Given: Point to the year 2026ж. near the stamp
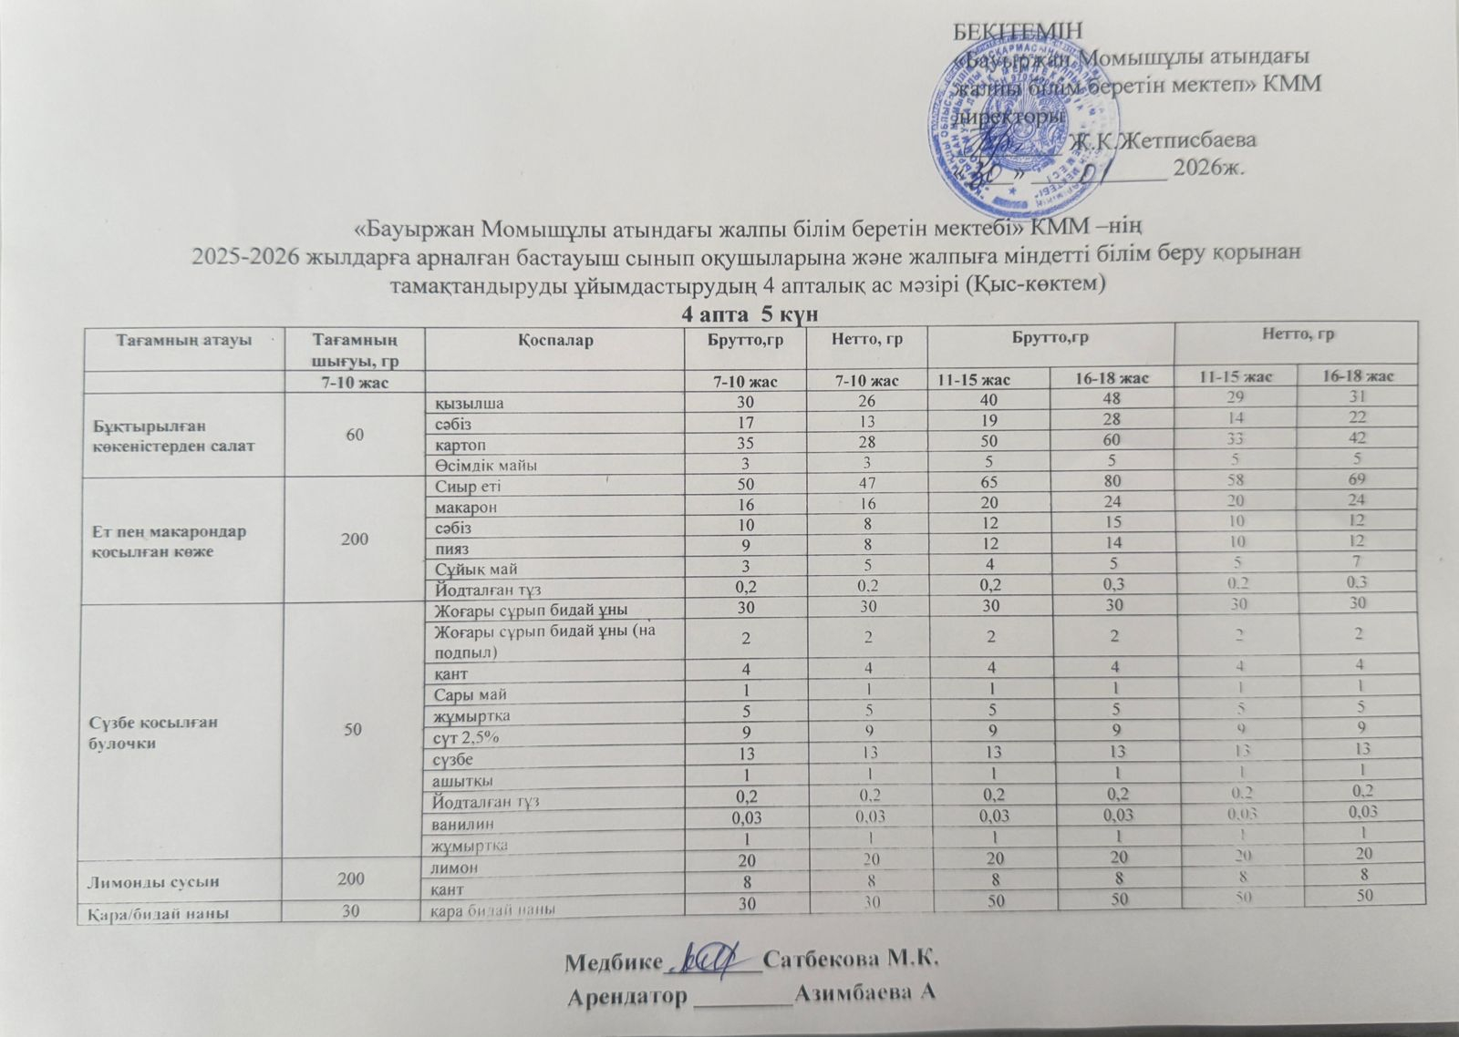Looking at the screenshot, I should click(1208, 168).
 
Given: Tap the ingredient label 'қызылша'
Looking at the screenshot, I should click(470, 402).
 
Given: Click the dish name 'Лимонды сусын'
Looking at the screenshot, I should click(143, 881).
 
